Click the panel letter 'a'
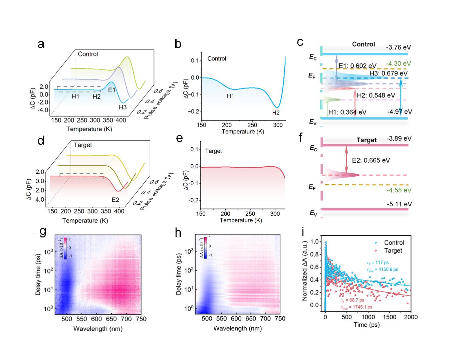pyautogui.click(x=41, y=44)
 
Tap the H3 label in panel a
pyautogui.click(x=123, y=107)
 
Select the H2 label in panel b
pyautogui.click(x=276, y=113)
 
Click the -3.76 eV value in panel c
pyautogui.click(x=398, y=47)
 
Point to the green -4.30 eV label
pyautogui.click(x=398, y=63)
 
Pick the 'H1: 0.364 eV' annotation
pyautogui.click(x=347, y=112)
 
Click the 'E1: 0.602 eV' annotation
pyautogui.click(x=357, y=66)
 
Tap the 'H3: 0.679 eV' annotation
pyautogui.click(x=388, y=73)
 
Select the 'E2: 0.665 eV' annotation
pyautogui.click(x=371, y=160)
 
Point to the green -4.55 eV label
pyautogui.click(x=399, y=190)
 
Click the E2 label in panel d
pyautogui.click(x=115, y=200)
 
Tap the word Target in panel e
pyautogui.click(x=213, y=151)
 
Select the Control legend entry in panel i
pyautogui.click(x=394, y=243)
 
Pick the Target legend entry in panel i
pyautogui.click(x=393, y=251)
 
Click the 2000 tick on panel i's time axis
pyautogui.click(x=411, y=317)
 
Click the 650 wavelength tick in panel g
pyautogui.click(x=111, y=319)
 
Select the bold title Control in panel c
pyautogui.click(x=363, y=44)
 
